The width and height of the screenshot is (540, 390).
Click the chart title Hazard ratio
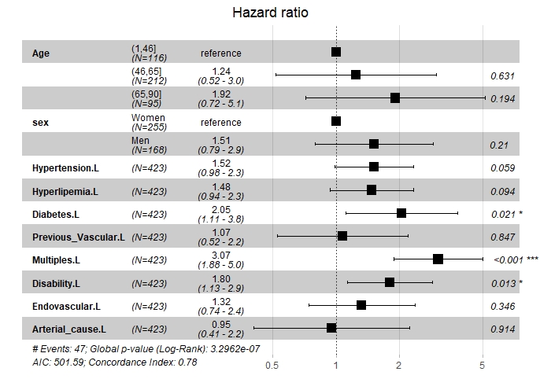coord(271,13)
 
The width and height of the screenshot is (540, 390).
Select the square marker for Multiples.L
coord(438,259)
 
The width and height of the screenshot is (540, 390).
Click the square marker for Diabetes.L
coord(401,213)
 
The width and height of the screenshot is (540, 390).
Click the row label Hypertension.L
coord(65,167)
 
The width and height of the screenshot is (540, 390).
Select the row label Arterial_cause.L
coord(69,328)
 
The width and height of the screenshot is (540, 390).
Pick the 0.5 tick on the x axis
coord(272,365)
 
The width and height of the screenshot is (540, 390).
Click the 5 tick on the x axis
coord(482,365)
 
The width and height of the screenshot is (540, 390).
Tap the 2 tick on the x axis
coord(400,365)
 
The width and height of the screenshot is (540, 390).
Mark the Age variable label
coord(41,53)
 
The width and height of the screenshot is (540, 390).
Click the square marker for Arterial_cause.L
coord(331,328)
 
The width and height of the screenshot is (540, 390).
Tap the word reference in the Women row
coord(220,122)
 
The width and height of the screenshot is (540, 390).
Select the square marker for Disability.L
coord(390,282)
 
